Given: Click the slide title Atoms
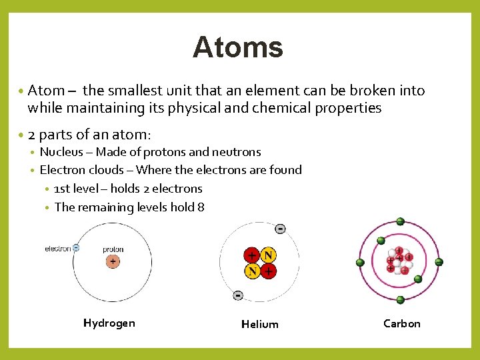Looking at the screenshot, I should coord(238,47).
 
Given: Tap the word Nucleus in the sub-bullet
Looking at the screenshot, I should coord(60,152).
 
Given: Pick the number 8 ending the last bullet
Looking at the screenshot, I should coord(201,207).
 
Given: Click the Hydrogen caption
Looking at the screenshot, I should coord(109,323).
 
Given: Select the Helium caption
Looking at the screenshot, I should coord(259,324).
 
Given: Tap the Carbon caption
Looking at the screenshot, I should coord(402,323).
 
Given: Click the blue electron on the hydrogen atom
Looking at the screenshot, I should coord(76,248).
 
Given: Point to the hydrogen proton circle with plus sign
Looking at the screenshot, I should coord(113,262).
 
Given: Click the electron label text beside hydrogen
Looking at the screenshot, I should coord(57,249).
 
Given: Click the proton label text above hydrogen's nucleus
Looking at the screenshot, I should coord(113,249).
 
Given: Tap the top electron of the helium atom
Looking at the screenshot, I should coord(280,229).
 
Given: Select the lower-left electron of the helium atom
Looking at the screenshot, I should coord(238,295).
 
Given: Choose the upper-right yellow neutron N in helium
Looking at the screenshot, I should coord(268,255).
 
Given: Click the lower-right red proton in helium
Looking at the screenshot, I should coord(268,271).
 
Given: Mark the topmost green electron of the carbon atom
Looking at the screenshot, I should coord(400,221).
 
